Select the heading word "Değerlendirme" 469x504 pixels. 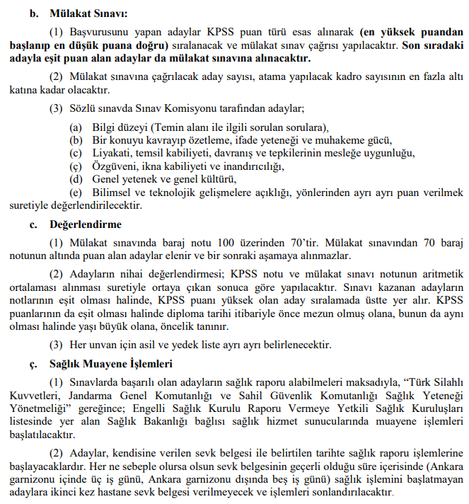pyautogui.click(x=86, y=224)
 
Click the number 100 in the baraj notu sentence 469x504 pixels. pyautogui.click(x=202, y=242)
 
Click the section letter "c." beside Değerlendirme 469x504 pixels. pyautogui.click(x=33, y=224)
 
